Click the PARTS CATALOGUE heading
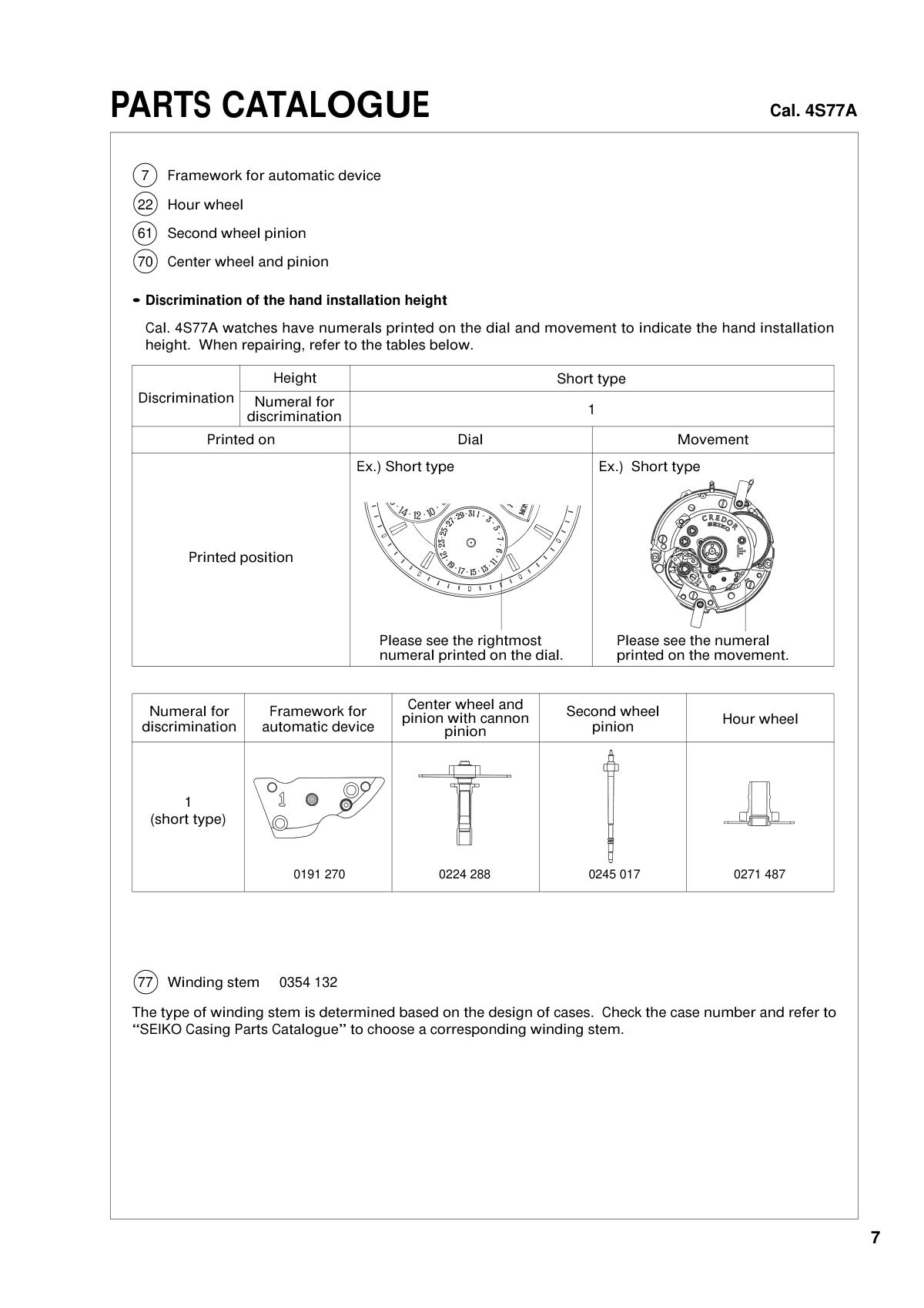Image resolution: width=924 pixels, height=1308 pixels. coord(270,105)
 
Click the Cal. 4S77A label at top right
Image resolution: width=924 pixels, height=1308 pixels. coord(813,111)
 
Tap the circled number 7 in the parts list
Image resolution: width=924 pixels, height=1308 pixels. coord(145,176)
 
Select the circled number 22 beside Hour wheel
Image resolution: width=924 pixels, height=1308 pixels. coord(145,205)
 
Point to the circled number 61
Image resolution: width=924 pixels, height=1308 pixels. coord(145,233)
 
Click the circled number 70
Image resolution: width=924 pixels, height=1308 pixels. coord(145,262)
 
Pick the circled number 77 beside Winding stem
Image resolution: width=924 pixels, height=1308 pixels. coord(145,982)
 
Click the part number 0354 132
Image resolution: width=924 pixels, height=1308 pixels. coord(308,982)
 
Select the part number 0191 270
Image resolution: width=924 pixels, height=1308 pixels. coord(319,874)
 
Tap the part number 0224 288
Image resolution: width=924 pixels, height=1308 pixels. coord(464,874)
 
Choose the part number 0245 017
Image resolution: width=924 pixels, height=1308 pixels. coord(614,874)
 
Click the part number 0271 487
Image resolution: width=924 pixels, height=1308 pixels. coord(759,874)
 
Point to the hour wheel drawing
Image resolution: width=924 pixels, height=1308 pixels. coord(759,805)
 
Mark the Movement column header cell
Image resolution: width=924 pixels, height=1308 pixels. coord(712,440)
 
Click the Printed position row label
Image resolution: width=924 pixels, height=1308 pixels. coord(240,557)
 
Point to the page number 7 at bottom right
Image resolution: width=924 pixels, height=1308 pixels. coord(875,1238)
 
